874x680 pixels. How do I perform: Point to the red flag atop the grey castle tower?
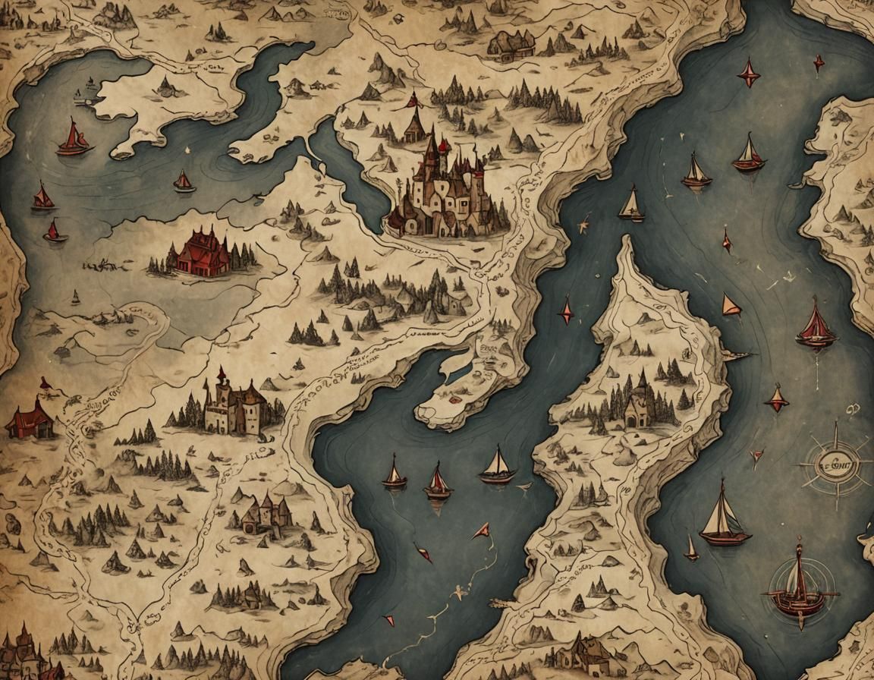coord(222,373)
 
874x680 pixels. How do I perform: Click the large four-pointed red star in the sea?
coord(749,74)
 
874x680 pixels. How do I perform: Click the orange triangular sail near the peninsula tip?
coord(730,305)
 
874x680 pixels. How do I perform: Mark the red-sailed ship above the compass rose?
coord(816,324)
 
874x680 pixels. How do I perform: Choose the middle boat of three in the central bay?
coord(437,482)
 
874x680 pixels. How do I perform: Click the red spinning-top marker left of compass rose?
coord(776,398)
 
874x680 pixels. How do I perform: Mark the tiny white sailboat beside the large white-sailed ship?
coord(690,548)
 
